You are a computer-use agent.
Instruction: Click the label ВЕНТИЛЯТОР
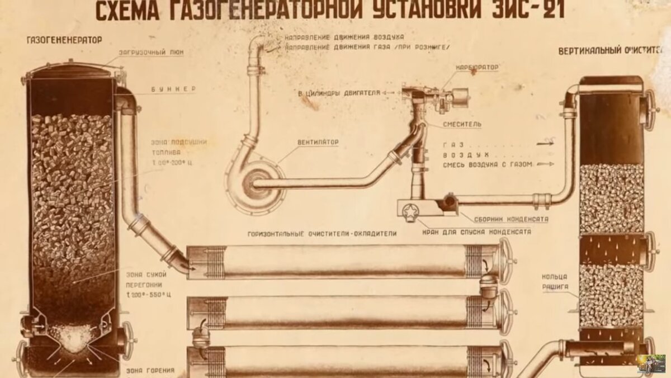(317, 143)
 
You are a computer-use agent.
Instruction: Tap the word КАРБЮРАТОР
(477, 67)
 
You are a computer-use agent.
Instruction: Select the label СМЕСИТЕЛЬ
(461, 124)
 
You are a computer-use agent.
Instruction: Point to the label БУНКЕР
(173, 89)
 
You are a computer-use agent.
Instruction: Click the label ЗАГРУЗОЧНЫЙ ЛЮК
(151, 52)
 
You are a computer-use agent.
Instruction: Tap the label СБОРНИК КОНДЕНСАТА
(503, 219)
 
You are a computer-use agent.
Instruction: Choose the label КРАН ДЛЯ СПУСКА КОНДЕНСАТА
(478, 231)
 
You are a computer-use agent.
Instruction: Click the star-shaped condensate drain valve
(410, 214)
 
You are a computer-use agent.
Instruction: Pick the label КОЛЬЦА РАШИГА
(555, 281)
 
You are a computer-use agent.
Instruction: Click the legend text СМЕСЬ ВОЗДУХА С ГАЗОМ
(486, 164)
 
